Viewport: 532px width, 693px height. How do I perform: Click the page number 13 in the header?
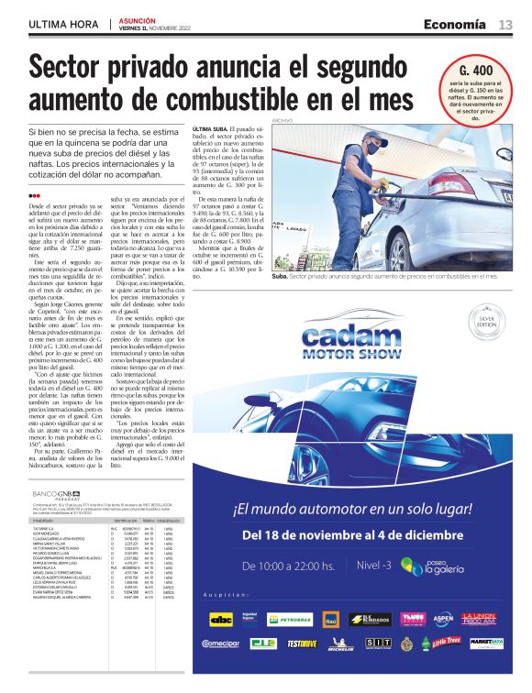[505, 24]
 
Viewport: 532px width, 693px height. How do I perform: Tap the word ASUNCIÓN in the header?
[136, 19]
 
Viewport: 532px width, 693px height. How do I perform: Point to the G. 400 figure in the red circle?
[475, 71]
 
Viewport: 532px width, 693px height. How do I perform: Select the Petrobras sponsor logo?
[289, 619]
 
